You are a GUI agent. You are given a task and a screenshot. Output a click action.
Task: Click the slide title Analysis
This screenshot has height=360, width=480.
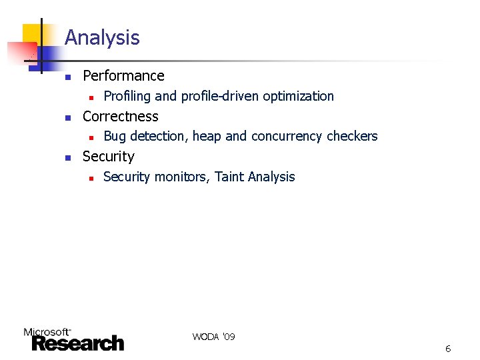coord(102,38)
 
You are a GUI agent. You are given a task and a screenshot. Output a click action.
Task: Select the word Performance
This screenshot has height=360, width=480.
coord(123,76)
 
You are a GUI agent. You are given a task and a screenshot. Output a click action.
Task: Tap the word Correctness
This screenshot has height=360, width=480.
coord(120,117)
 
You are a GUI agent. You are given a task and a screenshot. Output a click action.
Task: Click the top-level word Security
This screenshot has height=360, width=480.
coord(108,157)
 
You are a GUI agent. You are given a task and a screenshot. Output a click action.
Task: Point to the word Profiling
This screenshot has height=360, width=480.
coord(127,96)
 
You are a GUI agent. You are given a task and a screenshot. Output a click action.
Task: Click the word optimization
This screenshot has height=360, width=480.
coord(298,96)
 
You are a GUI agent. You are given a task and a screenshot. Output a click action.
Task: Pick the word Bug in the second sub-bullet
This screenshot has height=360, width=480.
coord(115,137)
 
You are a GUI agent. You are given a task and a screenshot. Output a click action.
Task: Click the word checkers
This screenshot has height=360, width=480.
coord(353,137)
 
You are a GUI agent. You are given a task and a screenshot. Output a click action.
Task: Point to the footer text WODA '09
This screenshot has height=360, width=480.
coord(213,337)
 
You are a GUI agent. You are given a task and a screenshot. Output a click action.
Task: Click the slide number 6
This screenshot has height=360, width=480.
coord(448,349)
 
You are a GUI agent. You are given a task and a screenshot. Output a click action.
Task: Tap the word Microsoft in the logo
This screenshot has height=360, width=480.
coord(47,331)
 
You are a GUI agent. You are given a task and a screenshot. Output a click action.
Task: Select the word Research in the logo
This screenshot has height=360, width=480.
coord(78,343)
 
